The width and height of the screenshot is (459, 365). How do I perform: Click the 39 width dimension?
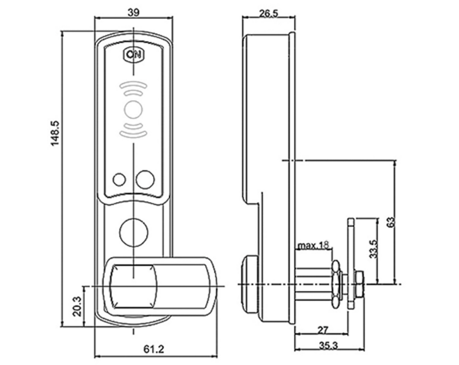click(134, 13)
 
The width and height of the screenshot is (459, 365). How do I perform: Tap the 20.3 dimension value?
click(76, 306)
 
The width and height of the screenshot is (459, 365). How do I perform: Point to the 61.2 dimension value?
click(154, 349)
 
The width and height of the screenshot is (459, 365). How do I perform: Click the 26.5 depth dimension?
click(268, 13)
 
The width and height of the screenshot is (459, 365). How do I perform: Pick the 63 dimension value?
click(391, 222)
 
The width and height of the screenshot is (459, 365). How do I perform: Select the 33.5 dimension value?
click(373, 249)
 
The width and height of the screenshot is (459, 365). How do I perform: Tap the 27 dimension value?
click(323, 330)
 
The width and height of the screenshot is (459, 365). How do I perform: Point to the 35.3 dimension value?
click(328, 345)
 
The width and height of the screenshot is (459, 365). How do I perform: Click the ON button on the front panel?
click(134, 54)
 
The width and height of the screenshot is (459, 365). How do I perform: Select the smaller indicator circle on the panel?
click(119, 180)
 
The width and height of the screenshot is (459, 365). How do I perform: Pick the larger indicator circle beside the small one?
click(145, 178)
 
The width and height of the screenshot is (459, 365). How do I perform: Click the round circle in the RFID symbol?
click(134, 109)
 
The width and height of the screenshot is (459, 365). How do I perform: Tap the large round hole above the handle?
click(134, 232)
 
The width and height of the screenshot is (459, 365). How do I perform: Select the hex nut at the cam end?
click(359, 284)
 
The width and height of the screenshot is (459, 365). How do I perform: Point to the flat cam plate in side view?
click(351, 263)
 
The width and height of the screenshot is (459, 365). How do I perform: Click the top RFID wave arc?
click(134, 86)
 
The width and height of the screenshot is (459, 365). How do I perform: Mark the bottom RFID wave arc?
click(134, 134)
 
